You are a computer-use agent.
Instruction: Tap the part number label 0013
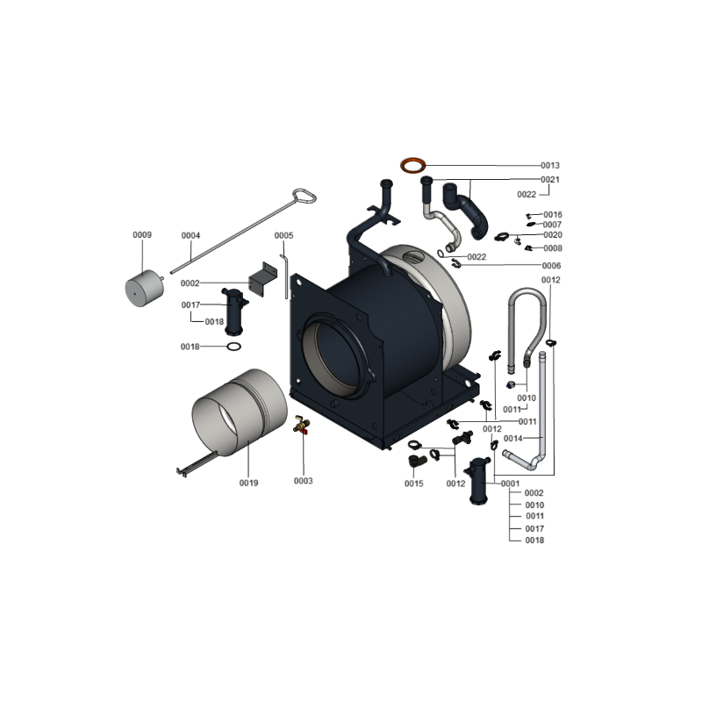(550, 166)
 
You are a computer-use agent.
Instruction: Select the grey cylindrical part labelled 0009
(144, 289)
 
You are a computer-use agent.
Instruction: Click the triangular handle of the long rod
(304, 196)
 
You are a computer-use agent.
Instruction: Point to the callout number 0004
(190, 235)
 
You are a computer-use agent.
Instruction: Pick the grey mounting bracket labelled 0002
(263, 280)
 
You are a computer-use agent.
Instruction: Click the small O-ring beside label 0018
(233, 347)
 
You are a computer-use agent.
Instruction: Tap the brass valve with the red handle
(301, 424)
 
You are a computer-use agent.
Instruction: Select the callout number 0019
(248, 483)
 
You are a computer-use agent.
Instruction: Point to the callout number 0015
(413, 484)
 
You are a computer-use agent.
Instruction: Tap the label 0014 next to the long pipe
(513, 438)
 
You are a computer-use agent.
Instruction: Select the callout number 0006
(551, 266)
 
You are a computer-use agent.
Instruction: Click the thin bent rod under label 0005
(284, 276)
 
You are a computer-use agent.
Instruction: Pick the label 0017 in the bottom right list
(534, 529)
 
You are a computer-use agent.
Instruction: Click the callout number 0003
(303, 481)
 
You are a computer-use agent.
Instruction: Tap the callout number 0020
(553, 235)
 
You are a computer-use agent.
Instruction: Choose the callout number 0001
(511, 484)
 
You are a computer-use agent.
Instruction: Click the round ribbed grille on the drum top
(413, 259)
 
